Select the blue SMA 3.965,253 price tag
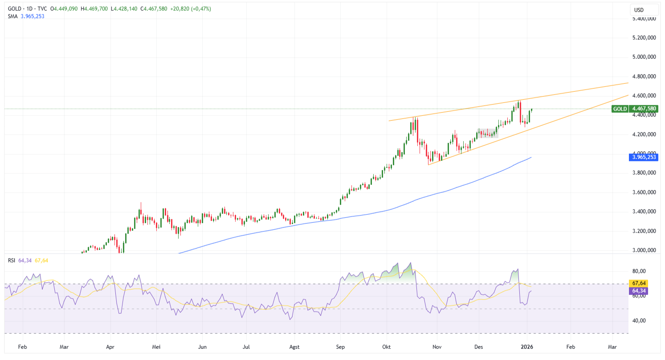pos(644,157)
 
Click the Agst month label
pos(294,346)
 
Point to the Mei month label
pos(155,346)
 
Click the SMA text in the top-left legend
pos(12,16)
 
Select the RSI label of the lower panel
pos(12,260)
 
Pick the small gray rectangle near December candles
pos(487,133)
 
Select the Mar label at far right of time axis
pos(612,346)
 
